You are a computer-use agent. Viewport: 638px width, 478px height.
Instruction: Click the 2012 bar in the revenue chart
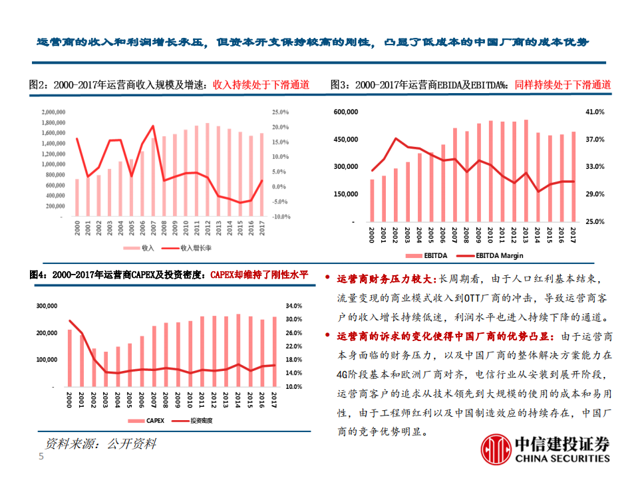(208, 170)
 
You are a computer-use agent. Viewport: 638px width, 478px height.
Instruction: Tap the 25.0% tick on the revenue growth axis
(281, 112)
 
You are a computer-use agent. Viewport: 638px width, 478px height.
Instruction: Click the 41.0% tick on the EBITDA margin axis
(594, 112)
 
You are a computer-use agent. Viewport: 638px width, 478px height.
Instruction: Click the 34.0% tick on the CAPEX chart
(294, 306)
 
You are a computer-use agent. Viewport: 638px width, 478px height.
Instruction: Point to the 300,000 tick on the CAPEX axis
(47, 306)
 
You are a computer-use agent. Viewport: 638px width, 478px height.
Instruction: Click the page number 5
(41, 457)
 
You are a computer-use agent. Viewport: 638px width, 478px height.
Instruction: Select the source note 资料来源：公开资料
(100, 443)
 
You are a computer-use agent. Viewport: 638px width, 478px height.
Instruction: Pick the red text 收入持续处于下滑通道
(261, 85)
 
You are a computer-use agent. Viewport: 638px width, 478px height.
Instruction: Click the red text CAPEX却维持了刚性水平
(259, 274)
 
